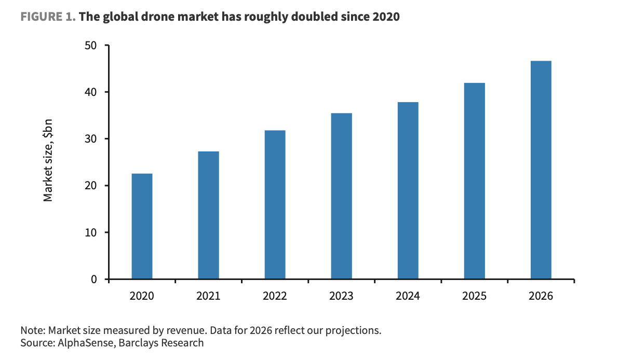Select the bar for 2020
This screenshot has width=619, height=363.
point(142,226)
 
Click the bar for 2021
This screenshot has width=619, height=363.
point(208,215)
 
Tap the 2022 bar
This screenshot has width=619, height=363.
point(275,205)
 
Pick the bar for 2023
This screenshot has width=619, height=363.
point(341,196)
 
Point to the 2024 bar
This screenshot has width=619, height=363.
point(408,190)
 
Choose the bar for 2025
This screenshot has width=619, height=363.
point(474,181)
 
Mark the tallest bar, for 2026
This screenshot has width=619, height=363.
point(541,170)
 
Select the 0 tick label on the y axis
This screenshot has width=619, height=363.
point(93,279)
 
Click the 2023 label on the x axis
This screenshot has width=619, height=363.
point(341,296)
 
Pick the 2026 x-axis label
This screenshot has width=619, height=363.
point(541,296)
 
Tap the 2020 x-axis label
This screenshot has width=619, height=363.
point(142,296)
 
